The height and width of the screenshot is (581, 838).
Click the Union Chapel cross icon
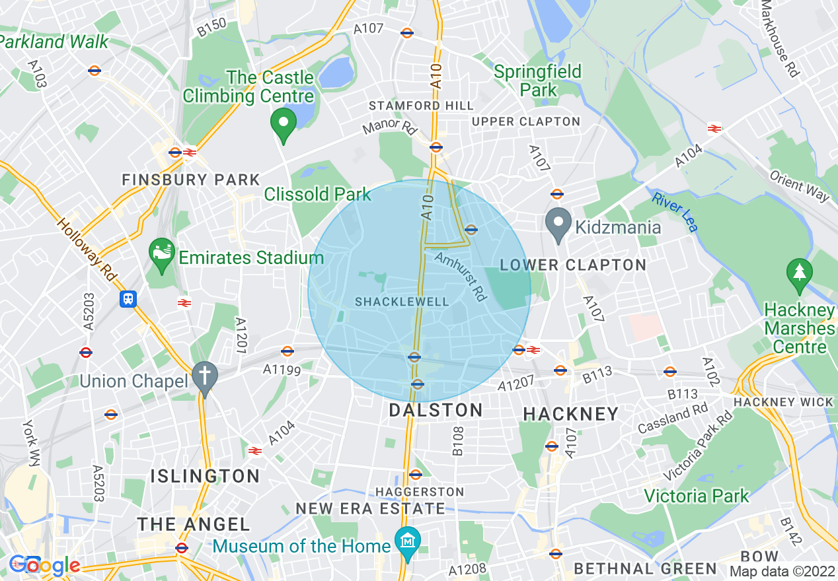coord(205,379)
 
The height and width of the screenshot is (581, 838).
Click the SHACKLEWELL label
coord(402,302)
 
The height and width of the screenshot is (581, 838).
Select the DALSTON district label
coord(436,410)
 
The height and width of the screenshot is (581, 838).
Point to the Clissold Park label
coord(318,194)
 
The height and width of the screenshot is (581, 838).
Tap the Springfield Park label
coord(538,80)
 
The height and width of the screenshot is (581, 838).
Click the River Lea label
coord(675,211)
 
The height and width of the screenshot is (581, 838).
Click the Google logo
coord(44,565)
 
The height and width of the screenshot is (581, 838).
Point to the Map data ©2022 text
coord(781,571)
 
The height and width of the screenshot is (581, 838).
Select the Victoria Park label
coord(697,496)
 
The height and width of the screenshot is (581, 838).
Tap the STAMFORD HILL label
coord(421,106)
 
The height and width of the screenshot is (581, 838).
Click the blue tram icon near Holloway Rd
coord(128,299)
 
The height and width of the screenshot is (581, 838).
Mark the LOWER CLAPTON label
coord(572,265)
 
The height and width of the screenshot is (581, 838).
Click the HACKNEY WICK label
coord(783,402)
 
